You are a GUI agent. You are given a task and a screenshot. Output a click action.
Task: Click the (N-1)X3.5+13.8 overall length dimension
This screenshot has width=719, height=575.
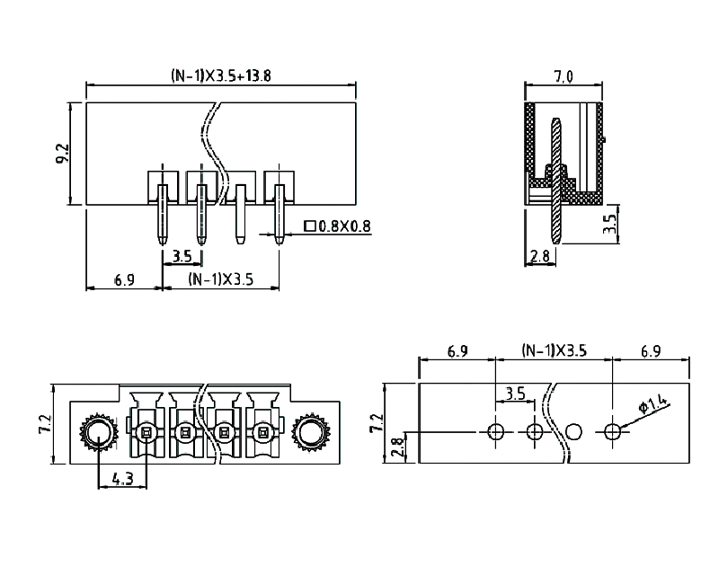tap(221, 76)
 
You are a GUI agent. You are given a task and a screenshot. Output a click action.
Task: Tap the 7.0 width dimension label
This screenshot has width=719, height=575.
tap(564, 76)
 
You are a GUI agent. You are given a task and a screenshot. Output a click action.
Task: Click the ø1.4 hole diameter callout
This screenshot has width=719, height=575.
tap(653, 406)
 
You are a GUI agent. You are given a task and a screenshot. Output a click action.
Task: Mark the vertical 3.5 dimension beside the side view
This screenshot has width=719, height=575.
tap(609, 224)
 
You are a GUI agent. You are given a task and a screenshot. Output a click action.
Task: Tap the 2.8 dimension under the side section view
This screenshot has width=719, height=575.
tap(540, 257)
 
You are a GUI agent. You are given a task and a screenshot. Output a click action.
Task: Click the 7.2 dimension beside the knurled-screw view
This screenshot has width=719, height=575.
tap(46, 425)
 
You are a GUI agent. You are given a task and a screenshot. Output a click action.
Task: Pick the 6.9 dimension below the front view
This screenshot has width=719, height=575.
tap(124, 280)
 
